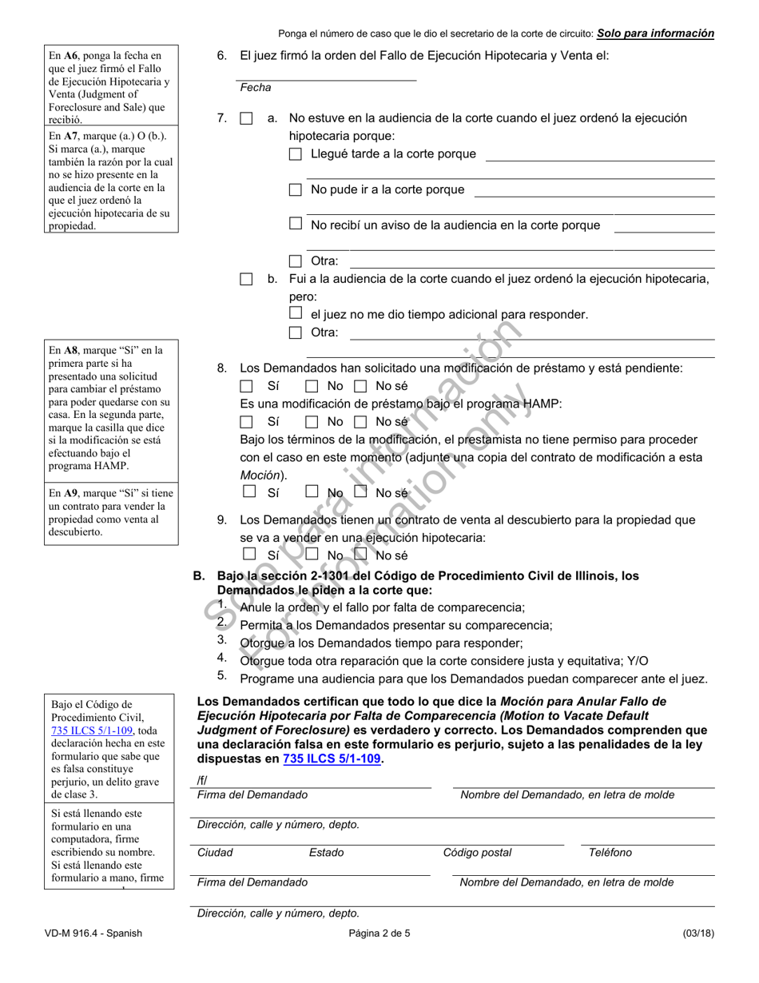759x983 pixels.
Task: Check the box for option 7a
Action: [x=246, y=118]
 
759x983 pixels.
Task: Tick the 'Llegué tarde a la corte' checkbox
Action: [x=296, y=154]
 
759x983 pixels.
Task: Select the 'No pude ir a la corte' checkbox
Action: [x=296, y=190]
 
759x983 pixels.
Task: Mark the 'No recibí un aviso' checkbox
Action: [x=296, y=225]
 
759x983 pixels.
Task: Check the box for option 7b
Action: [x=246, y=279]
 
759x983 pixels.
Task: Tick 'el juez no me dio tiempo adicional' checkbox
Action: [x=296, y=314]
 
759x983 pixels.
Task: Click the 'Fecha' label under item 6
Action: [x=256, y=88]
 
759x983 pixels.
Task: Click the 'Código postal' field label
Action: [x=477, y=853]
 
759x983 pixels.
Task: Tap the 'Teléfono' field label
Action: [x=610, y=853]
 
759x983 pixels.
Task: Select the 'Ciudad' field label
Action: [x=215, y=853]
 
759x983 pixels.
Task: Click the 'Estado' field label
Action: [x=326, y=853]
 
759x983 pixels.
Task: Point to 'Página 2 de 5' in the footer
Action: [x=379, y=933]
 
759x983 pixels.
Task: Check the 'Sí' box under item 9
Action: [x=249, y=554]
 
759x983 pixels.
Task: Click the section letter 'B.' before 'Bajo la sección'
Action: [x=200, y=576]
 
